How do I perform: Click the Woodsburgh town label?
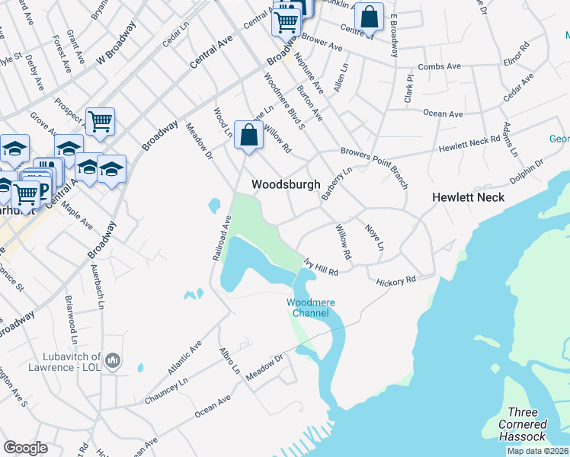[x=286, y=184]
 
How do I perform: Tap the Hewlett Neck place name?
[x=469, y=196]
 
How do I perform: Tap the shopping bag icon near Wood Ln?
[x=248, y=136]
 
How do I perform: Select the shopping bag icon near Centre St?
[x=369, y=18]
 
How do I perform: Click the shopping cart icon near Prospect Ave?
[x=100, y=121]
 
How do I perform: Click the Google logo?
[x=25, y=447]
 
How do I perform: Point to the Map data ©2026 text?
[x=536, y=451]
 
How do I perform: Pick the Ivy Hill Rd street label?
[x=320, y=267]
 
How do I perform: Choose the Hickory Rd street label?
[x=395, y=281]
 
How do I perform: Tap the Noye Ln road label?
[x=374, y=238]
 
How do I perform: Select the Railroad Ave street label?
[x=220, y=238]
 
